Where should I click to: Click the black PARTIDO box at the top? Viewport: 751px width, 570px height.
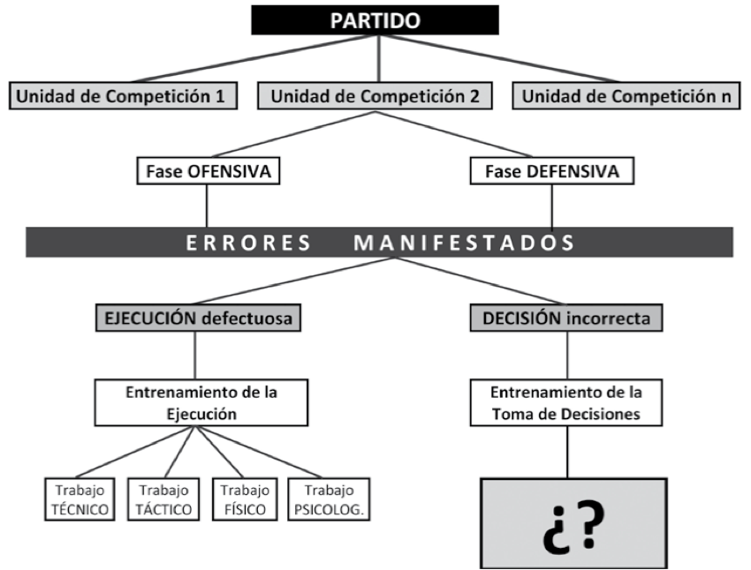click(375, 20)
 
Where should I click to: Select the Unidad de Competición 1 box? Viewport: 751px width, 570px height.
click(123, 95)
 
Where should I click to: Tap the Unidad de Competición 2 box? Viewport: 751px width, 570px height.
click(375, 95)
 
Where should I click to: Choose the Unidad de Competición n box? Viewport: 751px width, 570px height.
click(626, 95)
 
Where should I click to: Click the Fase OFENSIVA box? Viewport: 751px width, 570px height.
click(209, 170)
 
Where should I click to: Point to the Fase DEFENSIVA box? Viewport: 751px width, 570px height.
click(551, 170)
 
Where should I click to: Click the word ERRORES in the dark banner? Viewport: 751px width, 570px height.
click(248, 243)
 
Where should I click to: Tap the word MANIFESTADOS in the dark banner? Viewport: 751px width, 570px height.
click(464, 243)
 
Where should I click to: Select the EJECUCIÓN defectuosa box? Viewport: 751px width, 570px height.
click(198, 318)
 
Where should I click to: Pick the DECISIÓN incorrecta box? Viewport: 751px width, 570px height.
click(566, 318)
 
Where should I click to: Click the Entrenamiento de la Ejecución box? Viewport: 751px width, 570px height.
click(201, 402)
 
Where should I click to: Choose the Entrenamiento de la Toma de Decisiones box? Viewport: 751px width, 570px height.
click(566, 402)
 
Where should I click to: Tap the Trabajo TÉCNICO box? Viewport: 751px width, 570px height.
click(80, 499)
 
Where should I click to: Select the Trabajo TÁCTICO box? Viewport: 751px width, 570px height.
click(163, 499)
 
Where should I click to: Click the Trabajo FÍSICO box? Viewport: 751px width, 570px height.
click(245, 499)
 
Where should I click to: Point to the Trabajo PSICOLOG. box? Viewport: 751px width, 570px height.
click(329, 499)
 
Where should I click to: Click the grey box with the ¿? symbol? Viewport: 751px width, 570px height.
click(573, 523)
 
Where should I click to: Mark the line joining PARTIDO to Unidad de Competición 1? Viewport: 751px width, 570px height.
click(252, 58)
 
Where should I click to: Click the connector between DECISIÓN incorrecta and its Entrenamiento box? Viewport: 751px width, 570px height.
click(567, 356)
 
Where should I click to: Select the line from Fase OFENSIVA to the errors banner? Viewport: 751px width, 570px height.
click(207, 206)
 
